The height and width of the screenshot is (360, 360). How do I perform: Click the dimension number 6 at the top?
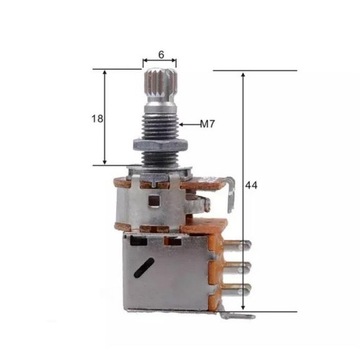pos(160,56)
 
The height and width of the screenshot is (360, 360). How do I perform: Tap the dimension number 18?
pos(98,118)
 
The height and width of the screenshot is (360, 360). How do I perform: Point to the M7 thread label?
pos(208,125)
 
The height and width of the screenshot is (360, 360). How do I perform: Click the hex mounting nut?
pos(160,159)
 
